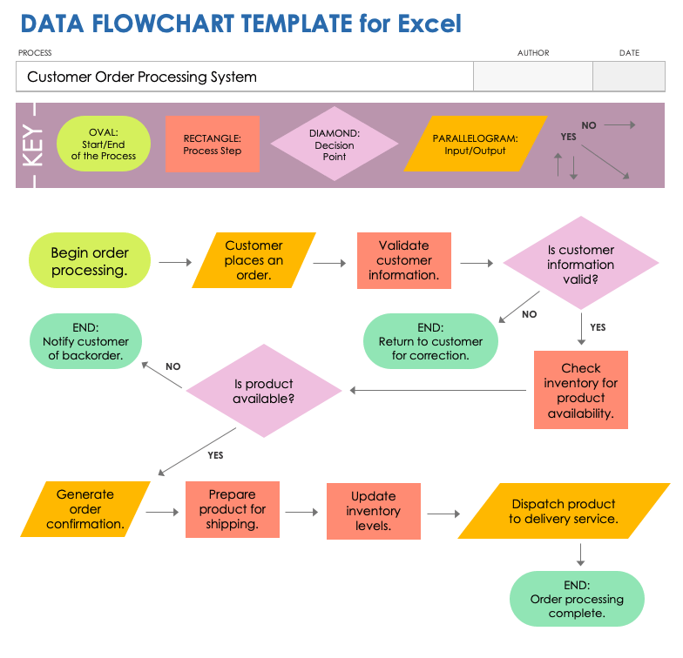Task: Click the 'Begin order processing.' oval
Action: [90, 261]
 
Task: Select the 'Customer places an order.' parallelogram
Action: [254, 260]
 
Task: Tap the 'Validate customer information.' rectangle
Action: [403, 260]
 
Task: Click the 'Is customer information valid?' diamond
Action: [581, 264]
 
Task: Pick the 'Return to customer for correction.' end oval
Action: [430, 341]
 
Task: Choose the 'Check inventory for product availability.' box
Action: [581, 390]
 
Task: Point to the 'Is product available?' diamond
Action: [263, 391]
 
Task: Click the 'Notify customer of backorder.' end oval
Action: [85, 341]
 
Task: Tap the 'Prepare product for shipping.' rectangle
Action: [233, 509]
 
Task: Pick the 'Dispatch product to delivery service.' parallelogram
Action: [564, 511]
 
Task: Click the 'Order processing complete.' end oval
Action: [577, 599]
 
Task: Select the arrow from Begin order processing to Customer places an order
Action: [174, 261]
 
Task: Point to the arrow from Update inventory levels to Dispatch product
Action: [443, 514]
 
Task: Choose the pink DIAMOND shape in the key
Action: [335, 144]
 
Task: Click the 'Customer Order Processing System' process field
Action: [244, 77]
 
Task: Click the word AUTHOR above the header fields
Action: [533, 53]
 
